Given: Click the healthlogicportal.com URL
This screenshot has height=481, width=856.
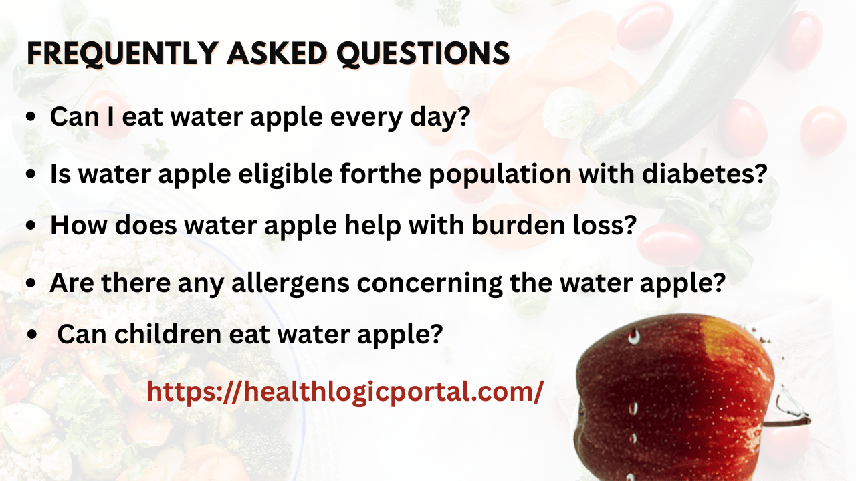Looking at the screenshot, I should click(x=345, y=391).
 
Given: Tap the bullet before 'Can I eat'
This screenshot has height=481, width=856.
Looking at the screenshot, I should click(x=31, y=118).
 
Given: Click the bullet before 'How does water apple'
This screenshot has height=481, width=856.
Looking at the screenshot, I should click(x=31, y=226).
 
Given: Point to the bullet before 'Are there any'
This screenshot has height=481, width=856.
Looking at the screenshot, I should click(x=31, y=283).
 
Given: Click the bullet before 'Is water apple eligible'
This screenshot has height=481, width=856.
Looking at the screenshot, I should click(x=31, y=175).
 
